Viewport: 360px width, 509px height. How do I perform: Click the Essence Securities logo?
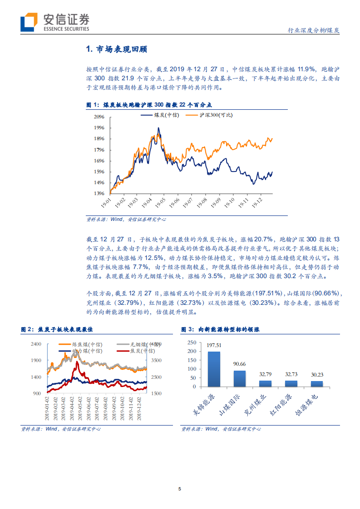click(x=54, y=21)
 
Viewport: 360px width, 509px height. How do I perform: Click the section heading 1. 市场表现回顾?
click(x=116, y=49)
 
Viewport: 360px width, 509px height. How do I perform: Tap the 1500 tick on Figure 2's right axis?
click(x=156, y=393)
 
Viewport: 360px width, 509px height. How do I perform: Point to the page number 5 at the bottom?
click(x=180, y=489)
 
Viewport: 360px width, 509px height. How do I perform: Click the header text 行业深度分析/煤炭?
click(x=314, y=30)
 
